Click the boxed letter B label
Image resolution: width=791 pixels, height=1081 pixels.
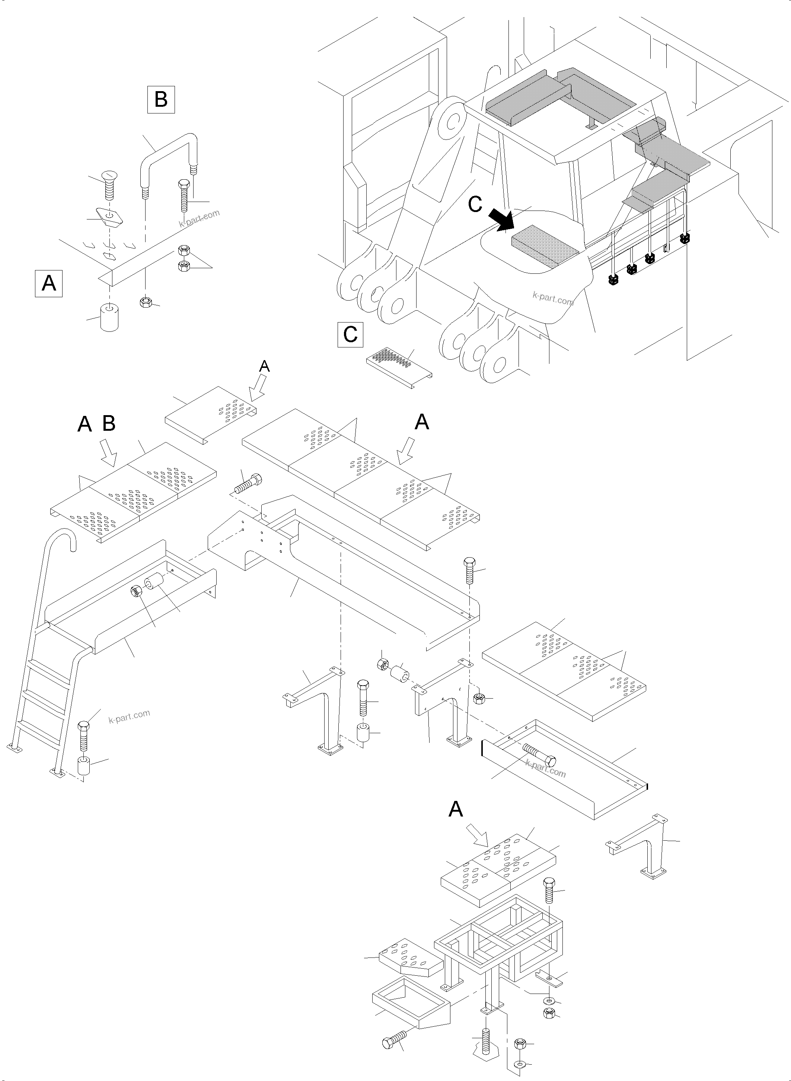point(161,99)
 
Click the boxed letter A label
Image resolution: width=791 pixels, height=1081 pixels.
point(49,283)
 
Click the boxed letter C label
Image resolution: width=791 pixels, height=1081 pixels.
point(350,334)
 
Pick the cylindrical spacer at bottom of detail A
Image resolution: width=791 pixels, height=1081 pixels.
point(110,317)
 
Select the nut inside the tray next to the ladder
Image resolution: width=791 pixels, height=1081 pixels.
point(136,591)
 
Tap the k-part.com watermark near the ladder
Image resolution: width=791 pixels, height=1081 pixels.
point(129,716)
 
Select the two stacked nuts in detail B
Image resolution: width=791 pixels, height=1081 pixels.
point(183,259)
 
